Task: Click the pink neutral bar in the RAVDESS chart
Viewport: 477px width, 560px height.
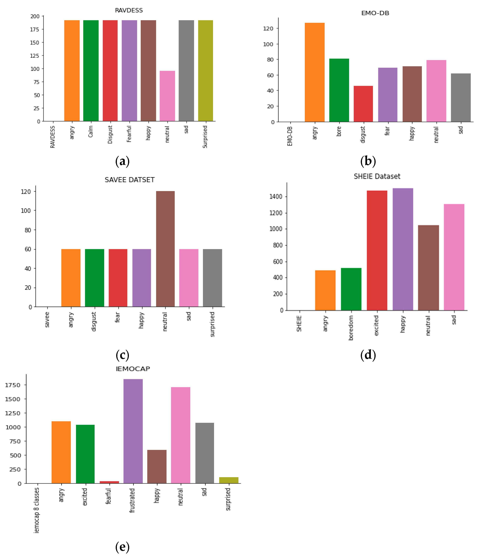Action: (x=167, y=96)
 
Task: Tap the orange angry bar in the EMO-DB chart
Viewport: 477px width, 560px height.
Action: (x=314, y=72)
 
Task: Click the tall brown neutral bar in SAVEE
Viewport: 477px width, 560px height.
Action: (x=165, y=249)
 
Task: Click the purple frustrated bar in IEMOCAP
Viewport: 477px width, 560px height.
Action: (x=133, y=431)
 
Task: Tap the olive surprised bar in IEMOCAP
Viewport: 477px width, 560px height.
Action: (x=228, y=480)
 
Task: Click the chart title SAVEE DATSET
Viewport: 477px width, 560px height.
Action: (x=130, y=180)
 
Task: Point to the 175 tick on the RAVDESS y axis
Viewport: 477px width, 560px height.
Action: (x=35, y=29)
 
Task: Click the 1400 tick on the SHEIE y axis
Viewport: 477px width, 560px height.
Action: (x=276, y=196)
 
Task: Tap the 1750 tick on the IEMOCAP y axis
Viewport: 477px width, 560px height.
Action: (x=13, y=385)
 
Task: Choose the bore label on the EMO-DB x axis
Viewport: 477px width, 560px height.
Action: (x=339, y=131)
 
